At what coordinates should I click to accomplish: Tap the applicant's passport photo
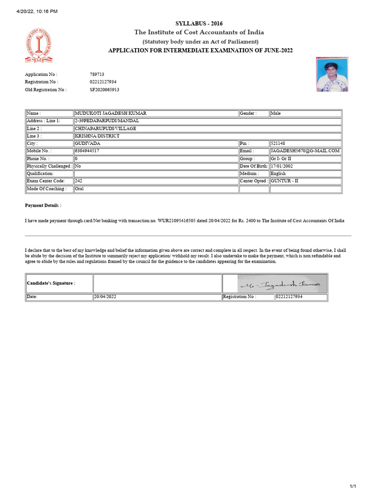tap(332, 74)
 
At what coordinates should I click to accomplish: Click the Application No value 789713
tap(97, 74)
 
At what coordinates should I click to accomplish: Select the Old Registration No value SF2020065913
tap(104, 89)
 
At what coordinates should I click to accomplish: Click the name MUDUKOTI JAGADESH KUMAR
tap(110, 113)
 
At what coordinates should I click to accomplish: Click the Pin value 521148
tap(278, 143)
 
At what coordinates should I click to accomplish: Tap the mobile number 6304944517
tap(87, 151)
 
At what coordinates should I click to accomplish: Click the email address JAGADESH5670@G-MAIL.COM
tap(305, 151)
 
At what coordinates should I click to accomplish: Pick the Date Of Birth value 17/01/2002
tap(282, 166)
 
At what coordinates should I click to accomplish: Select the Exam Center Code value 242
tap(79, 181)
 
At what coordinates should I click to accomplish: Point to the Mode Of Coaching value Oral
tap(79, 188)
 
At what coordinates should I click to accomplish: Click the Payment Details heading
tap(43, 206)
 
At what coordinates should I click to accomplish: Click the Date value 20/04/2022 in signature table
tap(105, 296)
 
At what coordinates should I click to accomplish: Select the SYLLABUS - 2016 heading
tap(199, 23)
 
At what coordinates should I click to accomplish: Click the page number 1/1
tap(353, 486)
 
